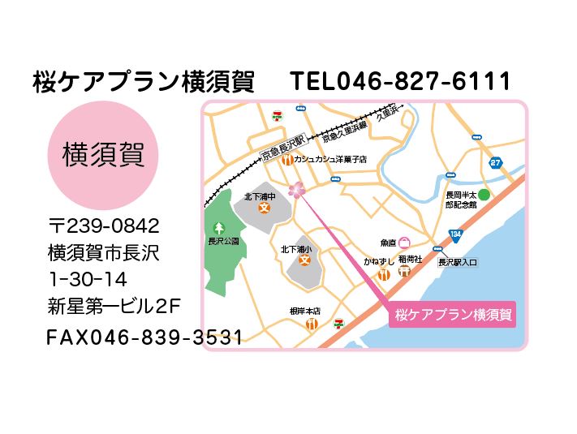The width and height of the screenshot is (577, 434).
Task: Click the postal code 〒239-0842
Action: [x=104, y=225]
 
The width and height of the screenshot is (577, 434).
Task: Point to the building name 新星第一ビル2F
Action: [x=114, y=306]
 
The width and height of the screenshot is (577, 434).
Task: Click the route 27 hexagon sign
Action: [x=496, y=163]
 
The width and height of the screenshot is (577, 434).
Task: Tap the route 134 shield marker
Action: [x=457, y=234]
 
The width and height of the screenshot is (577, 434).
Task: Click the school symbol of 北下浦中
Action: [x=263, y=208]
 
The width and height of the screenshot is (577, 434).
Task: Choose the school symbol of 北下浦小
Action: [x=304, y=260]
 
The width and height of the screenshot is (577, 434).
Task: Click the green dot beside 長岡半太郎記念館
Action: [x=484, y=195]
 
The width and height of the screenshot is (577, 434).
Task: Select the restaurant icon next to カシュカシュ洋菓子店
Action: [x=287, y=161]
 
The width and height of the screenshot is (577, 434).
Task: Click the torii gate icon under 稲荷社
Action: [x=405, y=272]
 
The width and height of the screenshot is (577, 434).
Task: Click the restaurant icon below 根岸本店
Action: [x=312, y=324]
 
